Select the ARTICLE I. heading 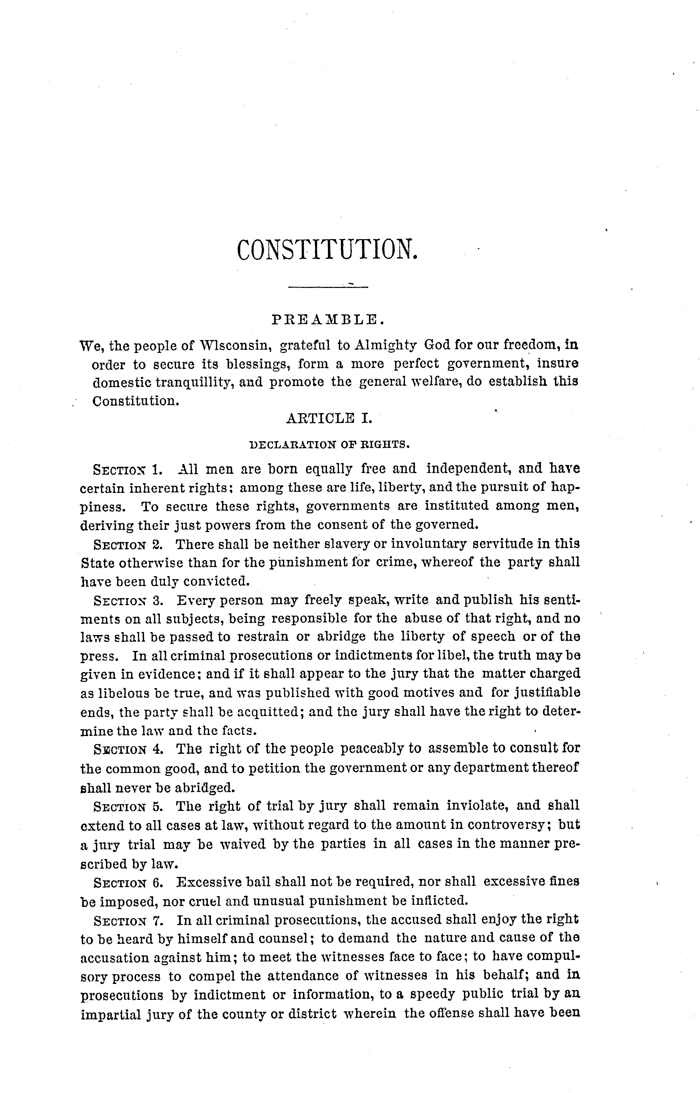[x=329, y=418]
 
